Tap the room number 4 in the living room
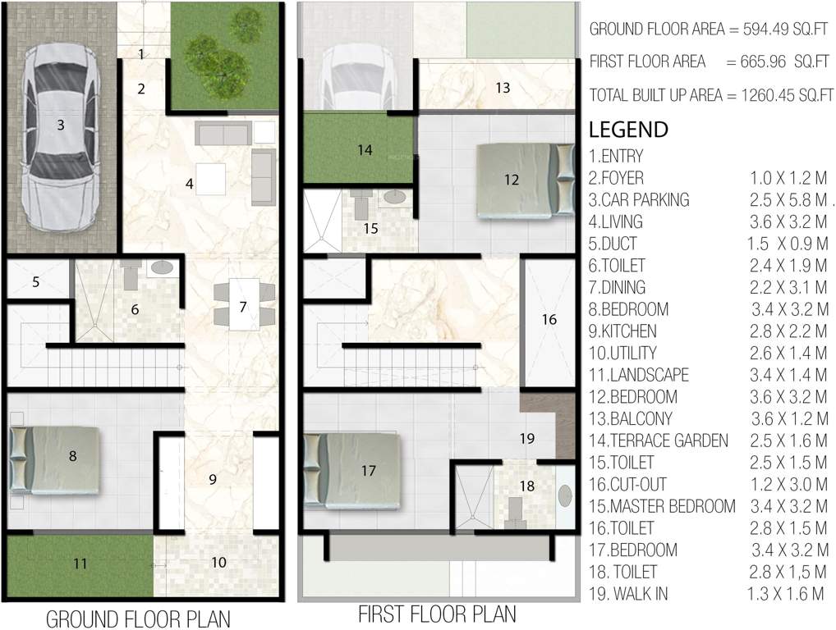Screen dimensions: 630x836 (190, 185)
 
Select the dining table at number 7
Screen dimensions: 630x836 (244, 304)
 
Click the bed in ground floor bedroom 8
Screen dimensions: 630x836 (55, 459)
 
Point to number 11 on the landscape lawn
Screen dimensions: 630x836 (80, 564)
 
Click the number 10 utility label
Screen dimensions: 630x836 (218, 563)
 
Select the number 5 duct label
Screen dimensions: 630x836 (35, 282)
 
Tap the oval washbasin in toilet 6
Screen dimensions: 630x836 (162, 267)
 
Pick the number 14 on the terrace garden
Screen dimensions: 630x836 (365, 150)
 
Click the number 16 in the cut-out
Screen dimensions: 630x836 (549, 319)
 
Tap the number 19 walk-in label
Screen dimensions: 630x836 (527, 438)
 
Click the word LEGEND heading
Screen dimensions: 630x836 (628, 130)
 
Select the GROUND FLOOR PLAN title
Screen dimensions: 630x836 (138, 618)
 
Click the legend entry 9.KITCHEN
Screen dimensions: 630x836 (622, 331)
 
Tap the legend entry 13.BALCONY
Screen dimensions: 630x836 (631, 419)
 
